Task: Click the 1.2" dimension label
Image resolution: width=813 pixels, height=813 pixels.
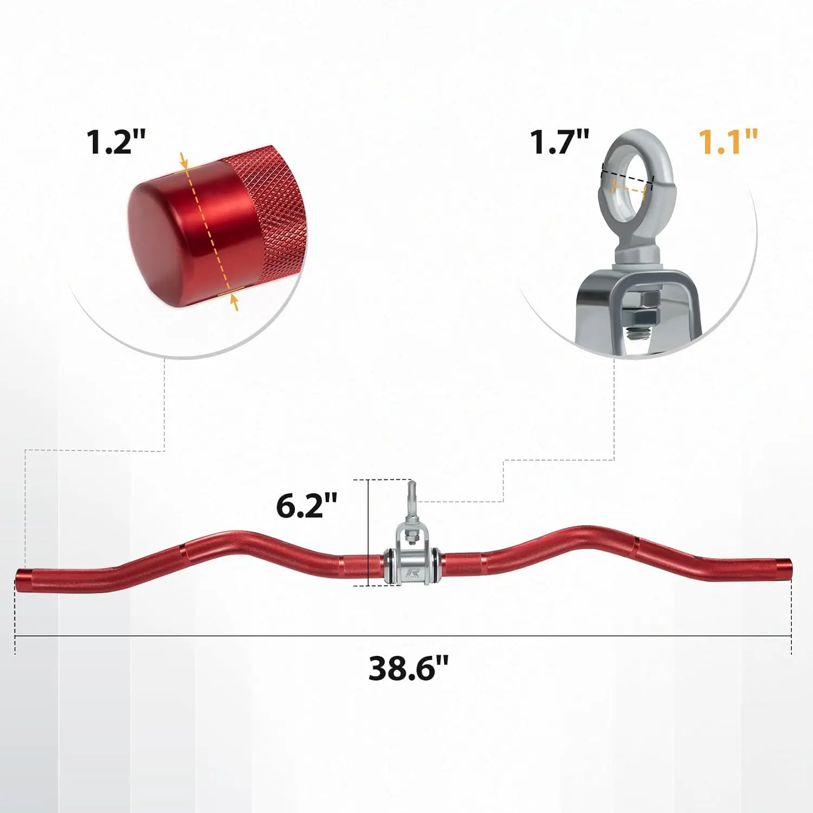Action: click(x=116, y=142)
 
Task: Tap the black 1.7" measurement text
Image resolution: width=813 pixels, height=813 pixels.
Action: click(x=559, y=142)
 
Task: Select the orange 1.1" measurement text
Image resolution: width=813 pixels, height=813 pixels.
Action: click(x=727, y=142)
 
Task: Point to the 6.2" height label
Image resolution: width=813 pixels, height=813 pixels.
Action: click(x=307, y=506)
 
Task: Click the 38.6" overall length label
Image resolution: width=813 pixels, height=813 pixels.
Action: click(x=409, y=668)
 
